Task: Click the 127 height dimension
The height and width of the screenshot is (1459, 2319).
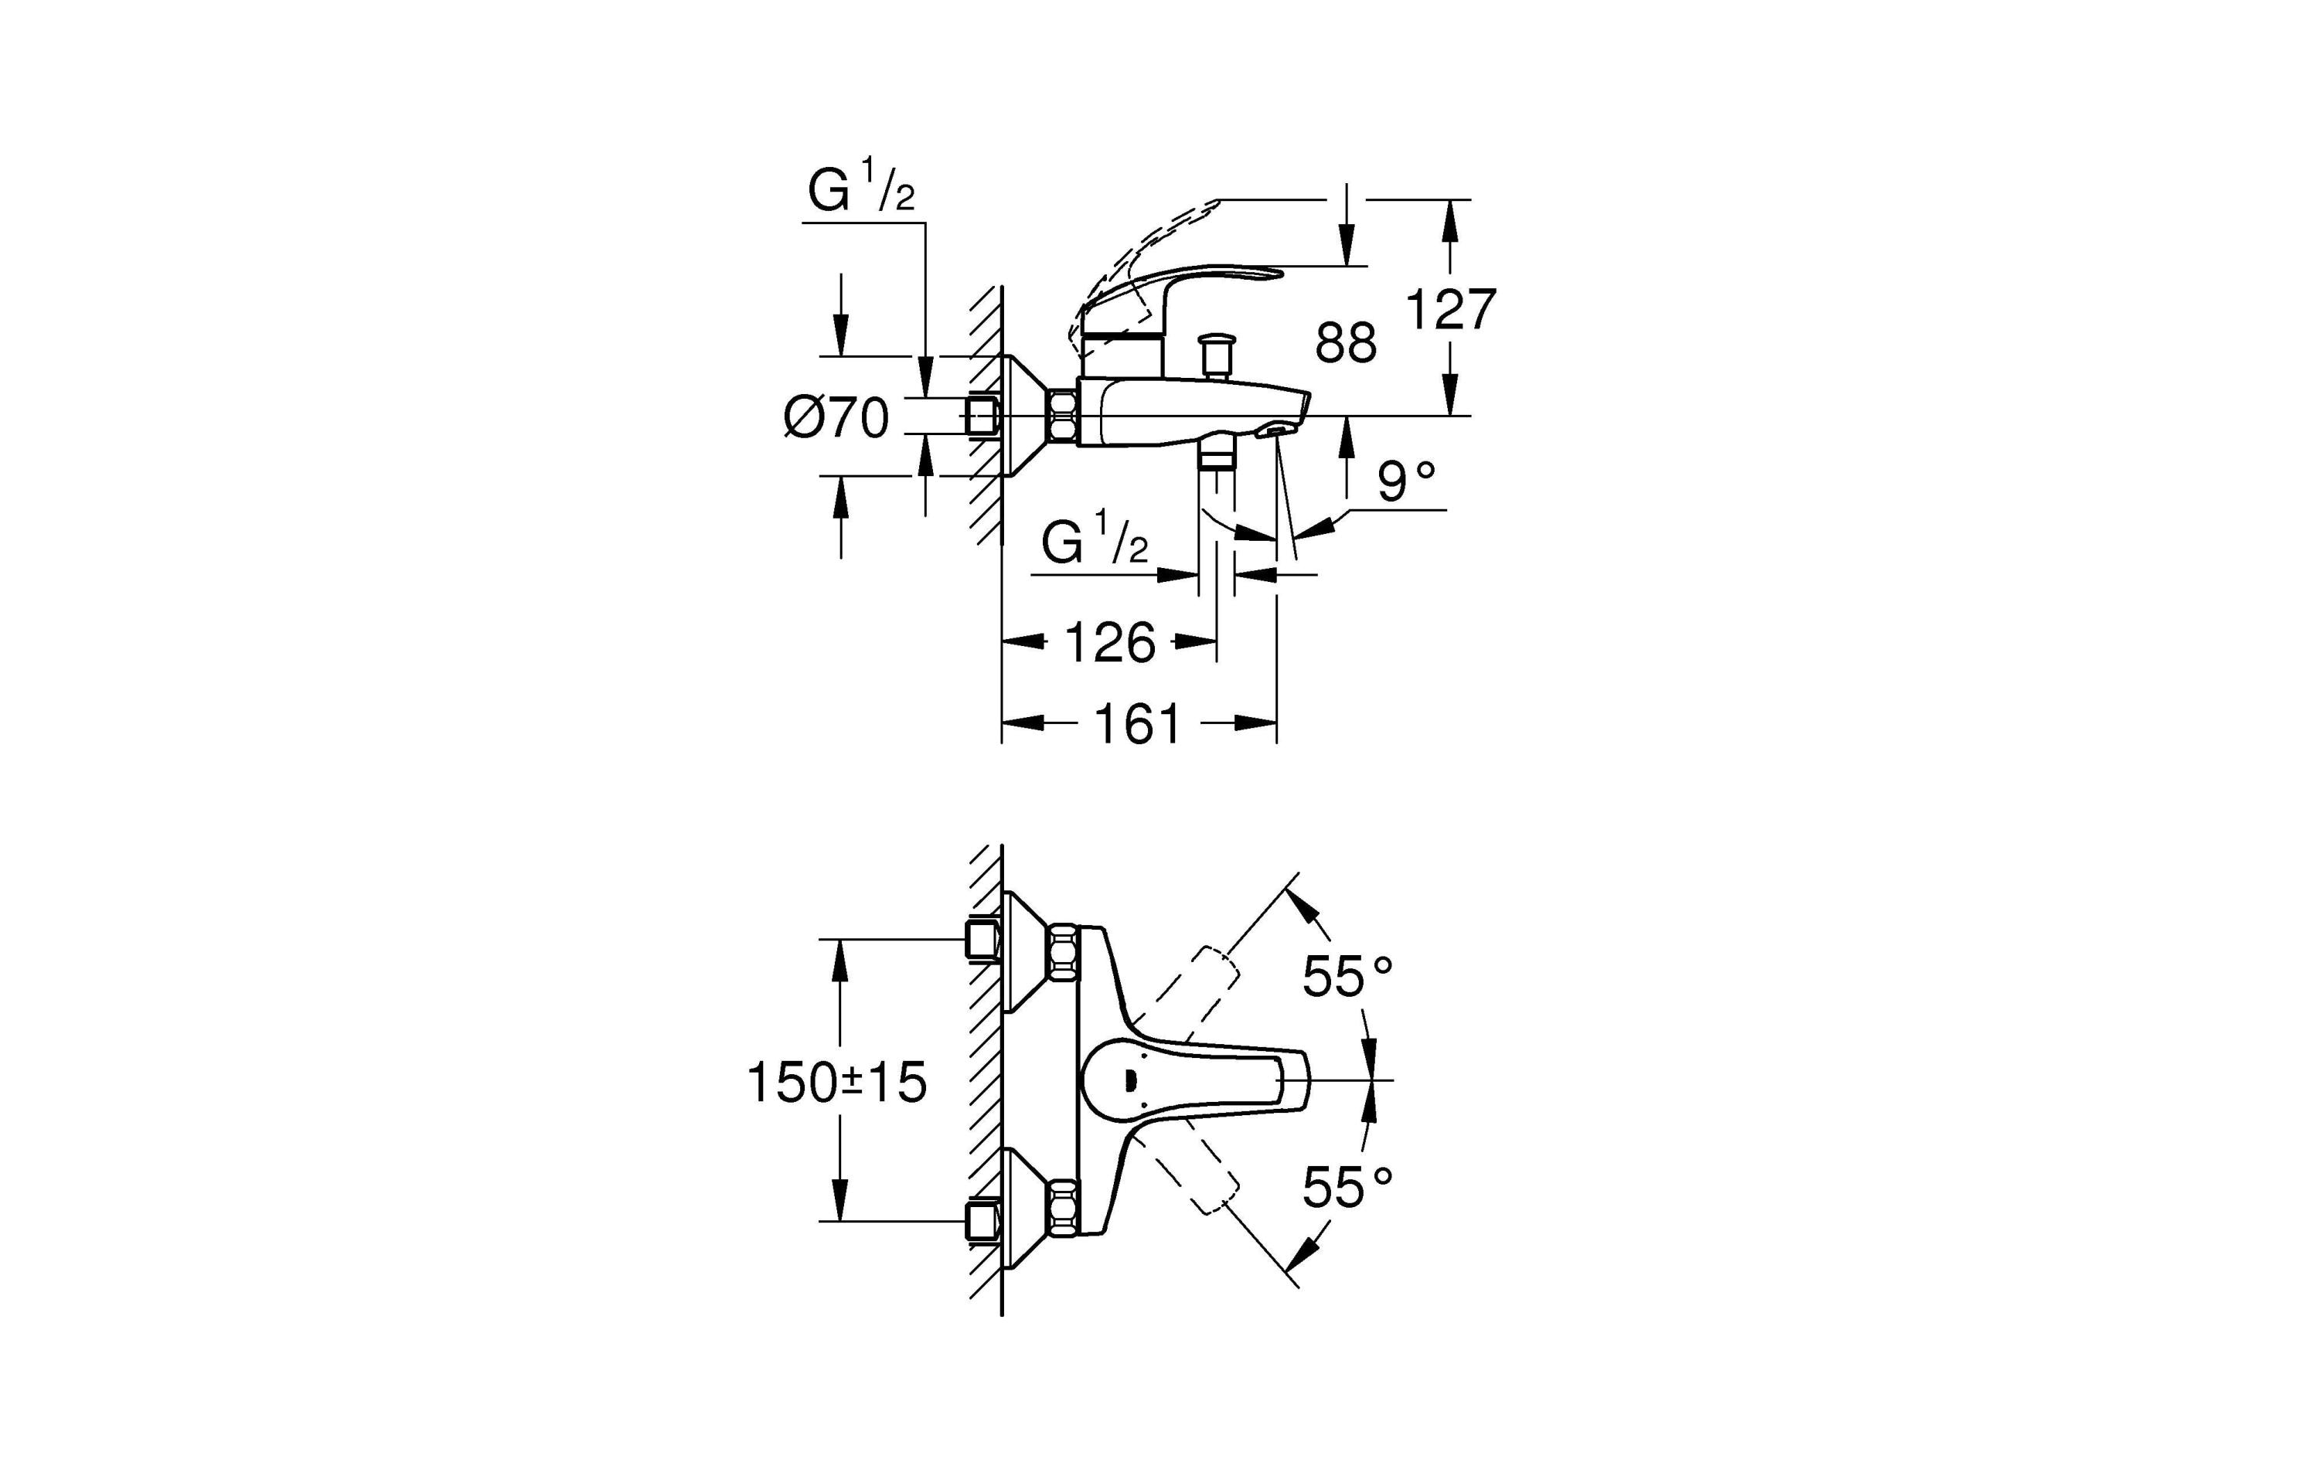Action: (x=1450, y=310)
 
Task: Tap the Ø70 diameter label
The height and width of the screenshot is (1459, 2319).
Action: (x=836, y=419)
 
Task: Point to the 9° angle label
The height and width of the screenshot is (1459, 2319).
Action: (x=1406, y=482)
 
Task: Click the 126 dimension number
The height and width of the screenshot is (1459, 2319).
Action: (x=1108, y=642)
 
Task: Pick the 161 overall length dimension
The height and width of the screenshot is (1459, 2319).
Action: (x=1137, y=724)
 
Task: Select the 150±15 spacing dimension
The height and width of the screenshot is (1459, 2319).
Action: (x=836, y=1083)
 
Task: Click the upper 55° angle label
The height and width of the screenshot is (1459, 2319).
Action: (x=1347, y=977)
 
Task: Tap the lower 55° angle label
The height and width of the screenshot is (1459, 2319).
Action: (x=1347, y=1188)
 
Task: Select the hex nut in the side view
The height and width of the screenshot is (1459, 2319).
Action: (x=1062, y=415)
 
